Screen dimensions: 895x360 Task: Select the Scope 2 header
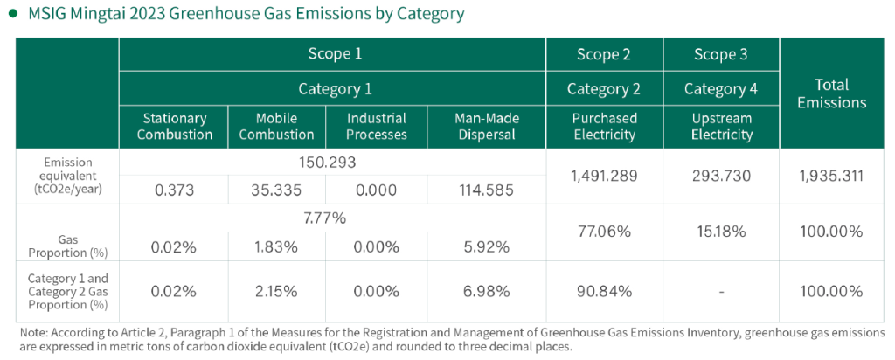(604, 54)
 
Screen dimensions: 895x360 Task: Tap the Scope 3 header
(721, 54)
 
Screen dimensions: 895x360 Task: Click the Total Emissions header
(832, 93)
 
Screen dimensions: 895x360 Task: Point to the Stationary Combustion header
(175, 126)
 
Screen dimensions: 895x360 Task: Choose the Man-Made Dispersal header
(487, 126)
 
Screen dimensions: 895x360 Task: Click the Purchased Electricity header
(604, 126)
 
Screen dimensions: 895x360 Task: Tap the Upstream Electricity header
(721, 126)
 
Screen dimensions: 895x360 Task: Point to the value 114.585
(487, 190)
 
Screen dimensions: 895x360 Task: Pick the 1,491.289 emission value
(604, 177)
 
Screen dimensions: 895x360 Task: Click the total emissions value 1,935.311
(832, 177)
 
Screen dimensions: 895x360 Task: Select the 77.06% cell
(604, 232)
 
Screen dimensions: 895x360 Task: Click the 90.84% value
(604, 291)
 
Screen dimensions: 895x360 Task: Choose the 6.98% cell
(487, 291)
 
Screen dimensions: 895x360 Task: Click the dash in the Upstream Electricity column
(721, 292)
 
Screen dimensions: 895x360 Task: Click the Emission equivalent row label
(66, 176)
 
